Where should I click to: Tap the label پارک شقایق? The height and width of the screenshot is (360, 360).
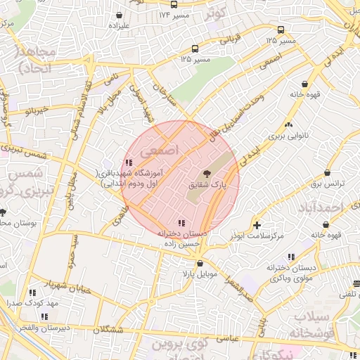(206, 184)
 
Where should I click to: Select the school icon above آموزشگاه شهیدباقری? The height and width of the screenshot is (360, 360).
(129, 163)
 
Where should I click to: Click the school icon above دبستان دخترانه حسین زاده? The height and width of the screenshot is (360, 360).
(183, 223)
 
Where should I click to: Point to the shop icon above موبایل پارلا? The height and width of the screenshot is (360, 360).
(200, 263)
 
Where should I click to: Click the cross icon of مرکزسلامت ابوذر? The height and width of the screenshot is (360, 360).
(257, 226)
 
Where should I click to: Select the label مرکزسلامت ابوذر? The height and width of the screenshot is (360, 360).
(257, 236)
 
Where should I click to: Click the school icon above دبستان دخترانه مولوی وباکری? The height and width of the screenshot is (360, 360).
(291, 257)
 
